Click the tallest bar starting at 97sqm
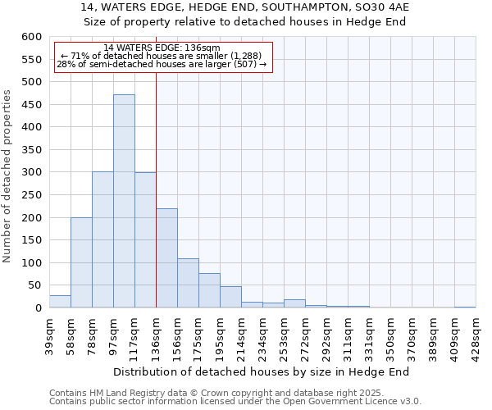point(124,201)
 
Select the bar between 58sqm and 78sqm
point(81,262)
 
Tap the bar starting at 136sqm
point(166,258)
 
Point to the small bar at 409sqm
point(465,307)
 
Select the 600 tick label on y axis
point(31,37)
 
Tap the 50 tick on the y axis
point(34,285)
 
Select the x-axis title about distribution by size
point(261,371)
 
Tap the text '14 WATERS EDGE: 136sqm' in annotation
point(162,48)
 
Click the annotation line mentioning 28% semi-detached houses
point(162,64)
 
